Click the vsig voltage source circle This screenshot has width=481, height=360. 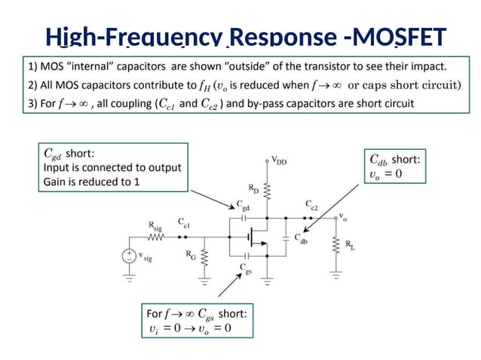tap(130, 255)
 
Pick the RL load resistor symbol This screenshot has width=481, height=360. tap(335, 246)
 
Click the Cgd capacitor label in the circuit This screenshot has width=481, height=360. tap(243, 204)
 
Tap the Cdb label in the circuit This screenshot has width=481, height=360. tap(302, 241)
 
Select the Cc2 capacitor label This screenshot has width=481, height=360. tap(311, 204)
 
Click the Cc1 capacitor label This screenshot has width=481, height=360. tap(184, 223)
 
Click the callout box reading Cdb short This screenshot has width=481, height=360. tap(396, 166)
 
